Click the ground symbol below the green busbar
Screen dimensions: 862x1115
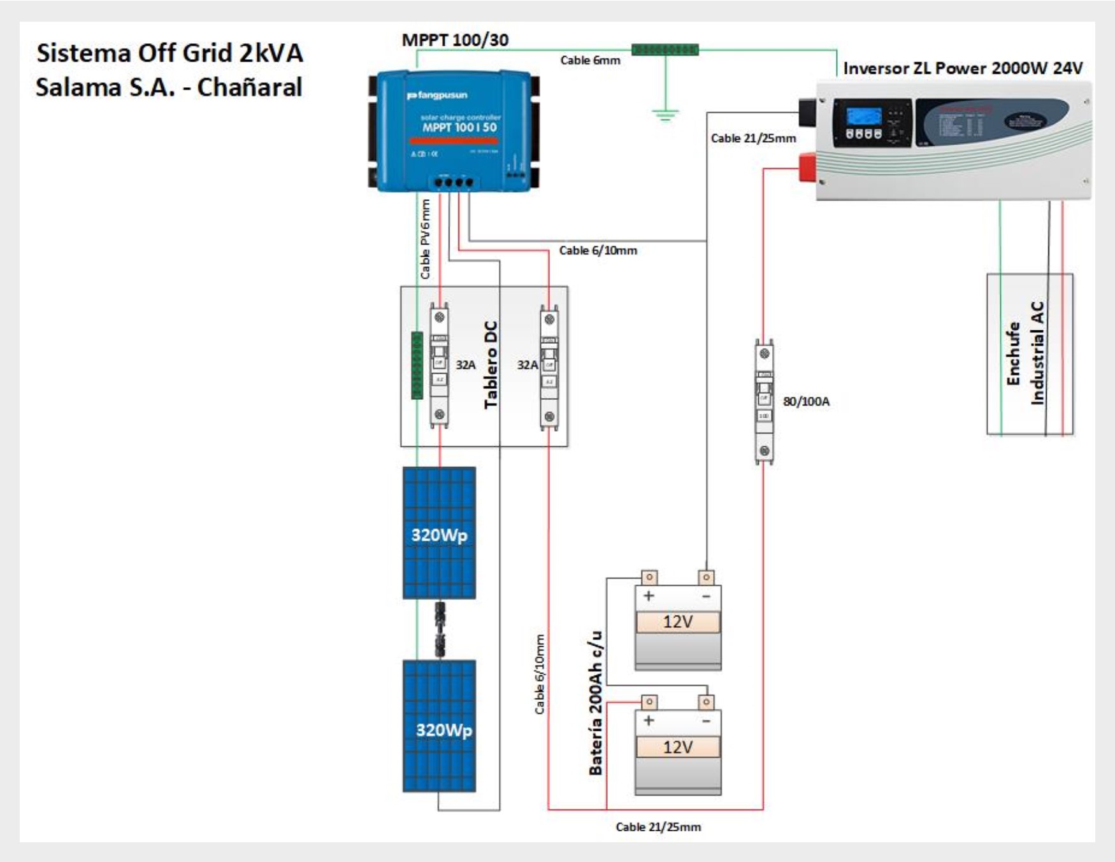click(x=665, y=115)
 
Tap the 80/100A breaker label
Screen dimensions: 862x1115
click(x=806, y=402)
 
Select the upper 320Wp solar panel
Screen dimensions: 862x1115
click(x=439, y=533)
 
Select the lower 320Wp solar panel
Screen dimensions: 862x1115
click(x=439, y=726)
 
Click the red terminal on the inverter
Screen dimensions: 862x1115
click(x=808, y=167)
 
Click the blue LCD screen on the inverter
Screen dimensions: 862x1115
click(x=864, y=117)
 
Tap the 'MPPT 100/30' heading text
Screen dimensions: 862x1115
click(x=455, y=40)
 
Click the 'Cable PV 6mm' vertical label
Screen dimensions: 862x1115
click(x=426, y=239)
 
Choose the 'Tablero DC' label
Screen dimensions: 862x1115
click(x=491, y=365)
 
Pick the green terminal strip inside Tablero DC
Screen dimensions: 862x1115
click(x=417, y=365)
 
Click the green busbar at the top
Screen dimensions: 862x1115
click(x=665, y=49)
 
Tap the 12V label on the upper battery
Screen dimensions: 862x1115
click(x=677, y=621)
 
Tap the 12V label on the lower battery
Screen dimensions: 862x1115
click(x=677, y=747)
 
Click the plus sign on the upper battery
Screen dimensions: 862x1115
click(x=649, y=596)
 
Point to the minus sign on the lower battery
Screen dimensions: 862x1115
click(x=706, y=721)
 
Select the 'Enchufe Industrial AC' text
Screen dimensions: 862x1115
click(x=1026, y=353)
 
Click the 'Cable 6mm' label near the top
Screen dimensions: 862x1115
click(x=590, y=60)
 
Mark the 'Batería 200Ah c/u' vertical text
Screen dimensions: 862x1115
click(x=596, y=703)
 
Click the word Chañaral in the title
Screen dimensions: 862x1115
click(x=249, y=87)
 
